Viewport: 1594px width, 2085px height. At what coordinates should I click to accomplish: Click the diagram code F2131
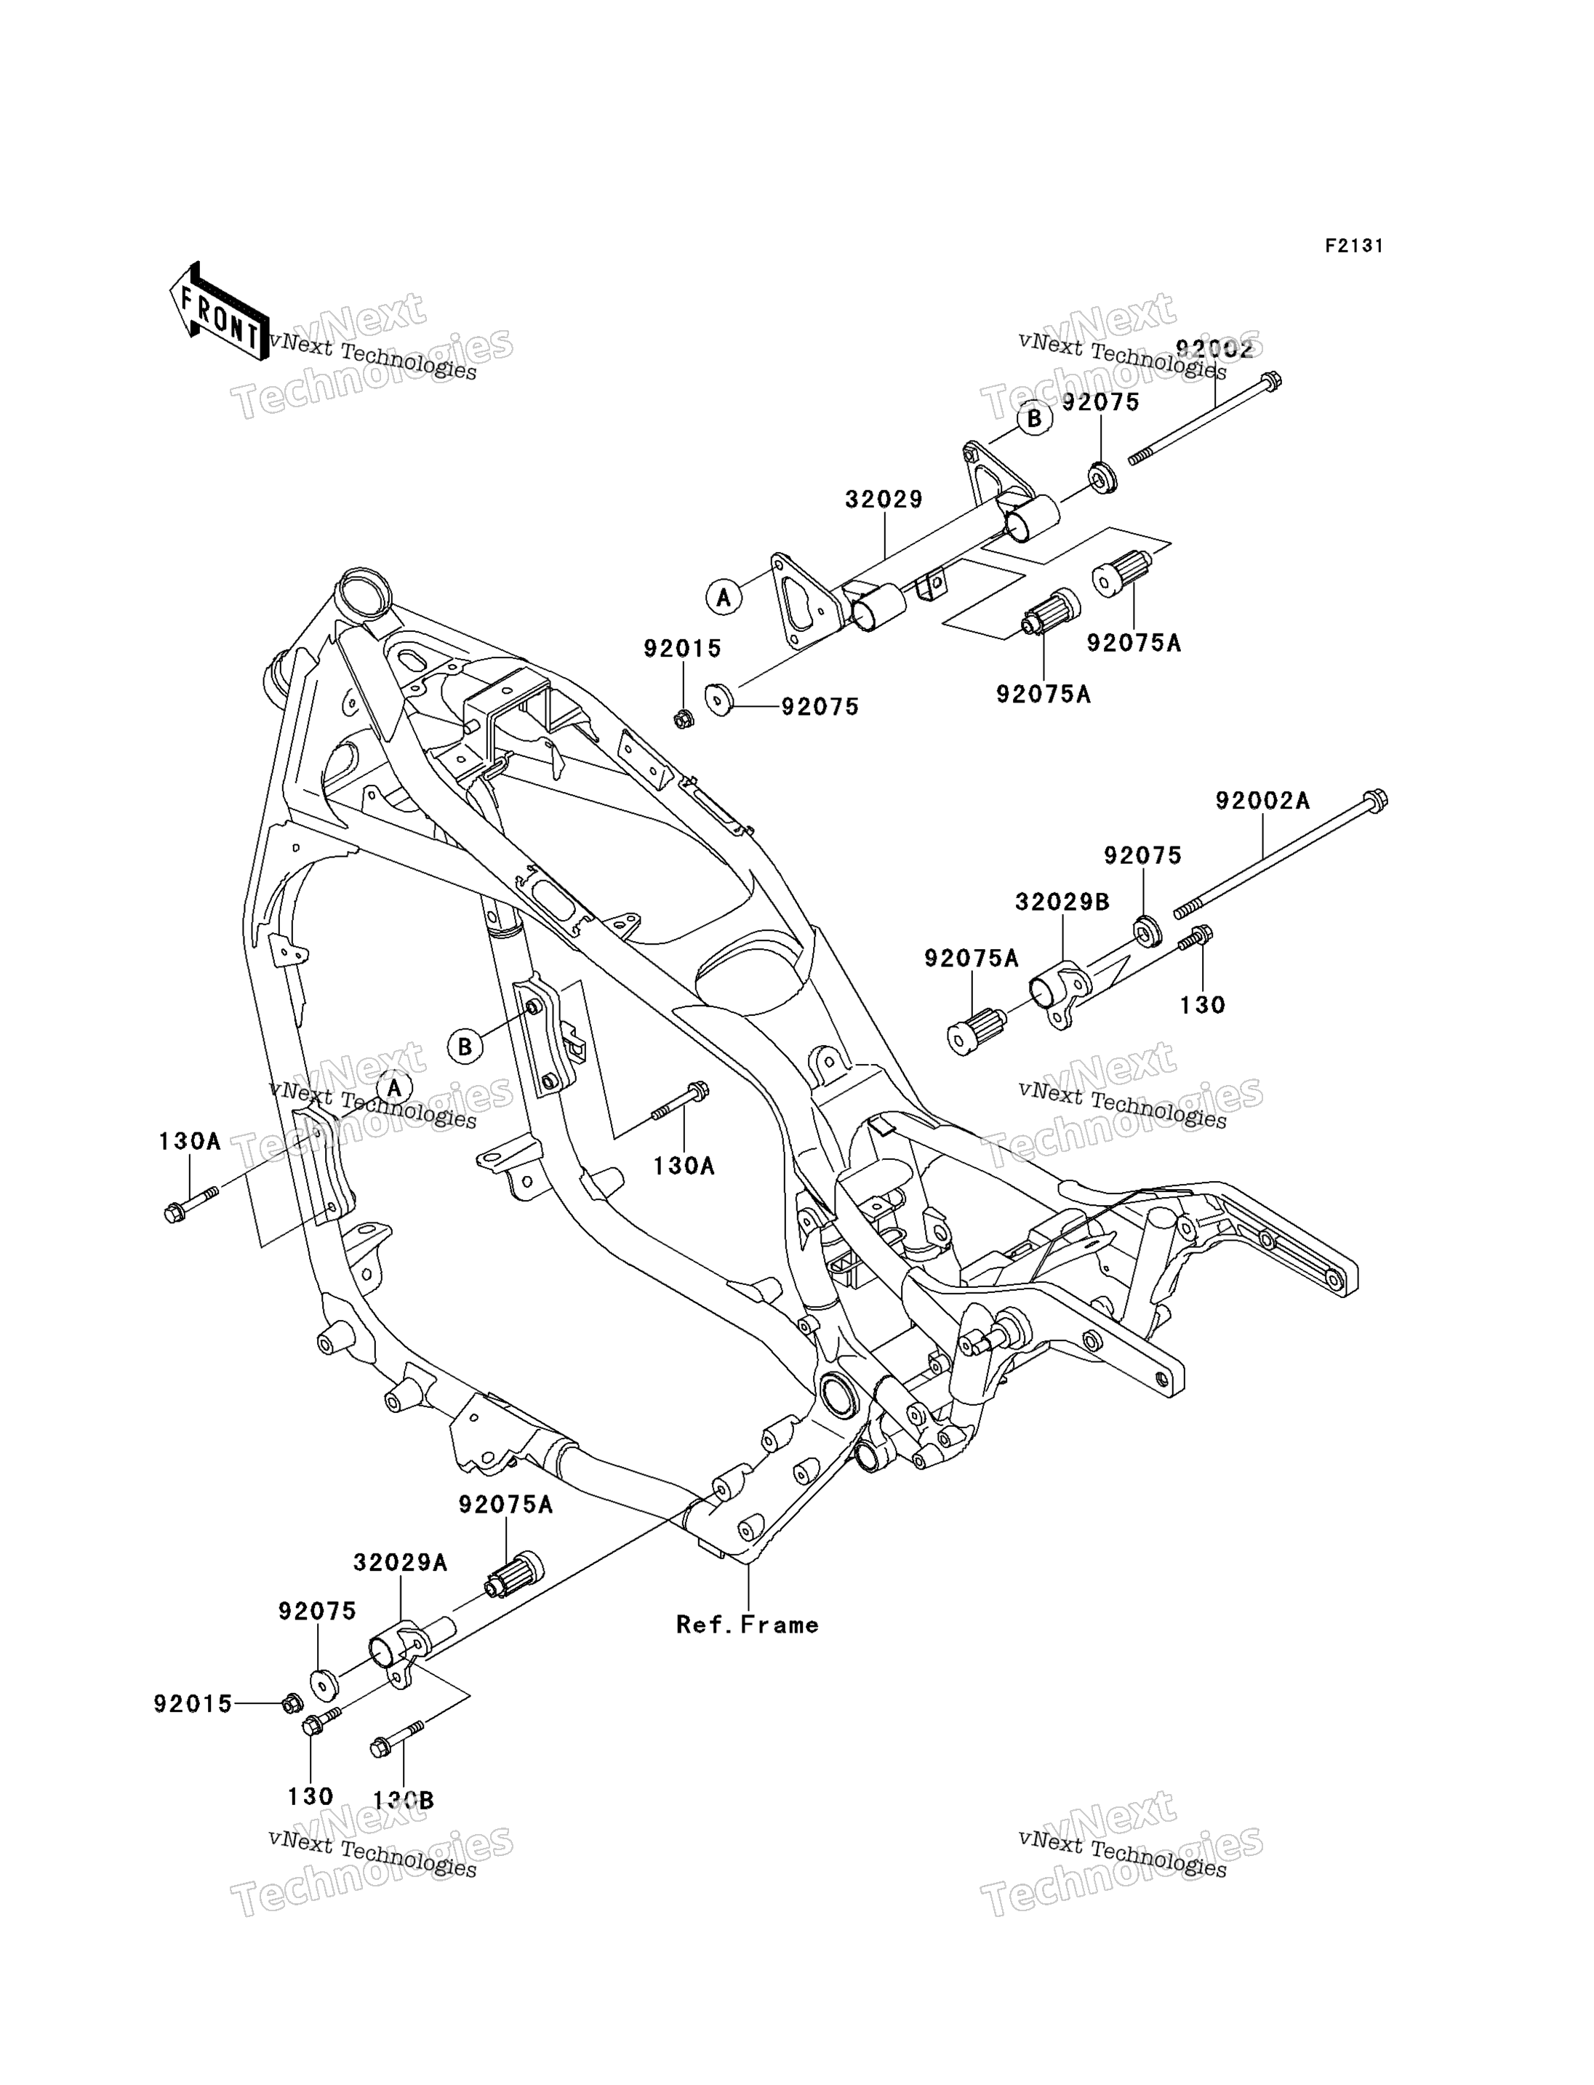1354,246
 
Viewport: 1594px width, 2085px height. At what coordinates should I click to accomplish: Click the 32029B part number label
1062,902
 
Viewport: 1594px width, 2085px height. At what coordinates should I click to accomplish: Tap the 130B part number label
404,1801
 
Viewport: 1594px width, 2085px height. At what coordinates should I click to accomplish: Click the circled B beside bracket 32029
1034,417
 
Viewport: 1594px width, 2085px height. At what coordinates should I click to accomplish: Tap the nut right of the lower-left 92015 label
292,1705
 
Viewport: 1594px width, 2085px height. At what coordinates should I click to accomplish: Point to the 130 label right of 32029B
1202,1005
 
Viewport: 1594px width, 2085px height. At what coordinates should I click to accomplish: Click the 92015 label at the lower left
193,1705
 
